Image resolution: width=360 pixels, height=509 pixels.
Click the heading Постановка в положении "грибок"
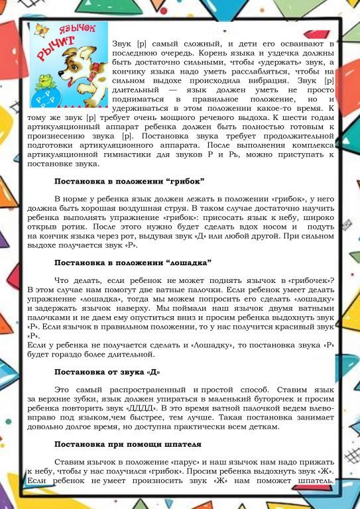click(x=129, y=181)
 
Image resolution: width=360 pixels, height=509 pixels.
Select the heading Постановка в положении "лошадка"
click(x=133, y=262)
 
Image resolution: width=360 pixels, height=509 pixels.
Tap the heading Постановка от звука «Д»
click(x=107, y=370)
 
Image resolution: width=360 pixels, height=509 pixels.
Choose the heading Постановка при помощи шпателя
click(x=127, y=443)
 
